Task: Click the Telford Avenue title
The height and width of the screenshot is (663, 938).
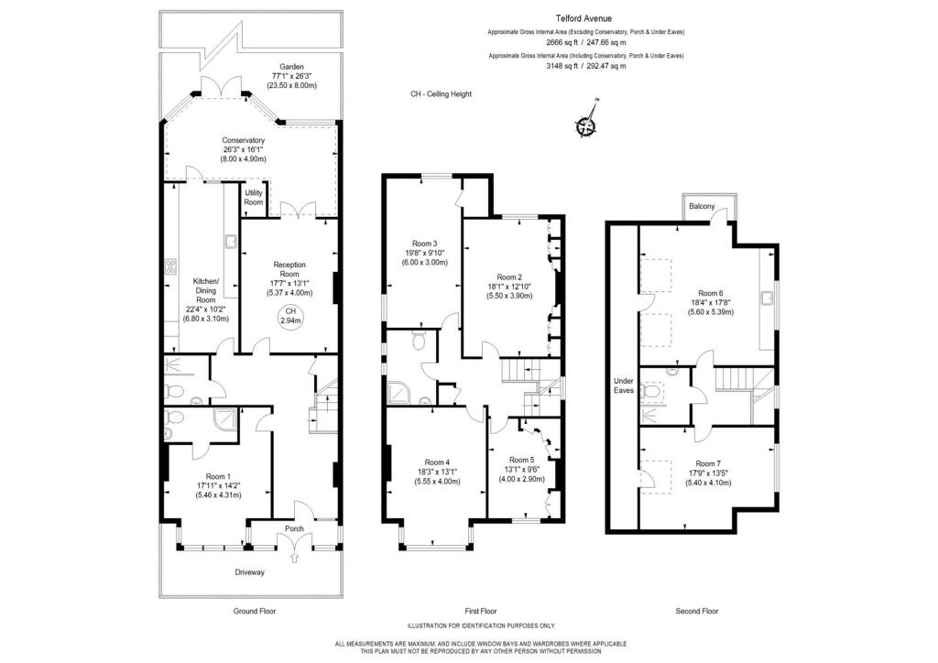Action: click(x=586, y=17)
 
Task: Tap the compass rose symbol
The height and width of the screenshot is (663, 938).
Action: click(x=586, y=127)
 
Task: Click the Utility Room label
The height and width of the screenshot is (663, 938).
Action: click(x=254, y=198)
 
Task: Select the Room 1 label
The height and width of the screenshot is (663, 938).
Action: click(x=217, y=476)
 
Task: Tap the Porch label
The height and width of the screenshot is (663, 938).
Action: click(x=294, y=528)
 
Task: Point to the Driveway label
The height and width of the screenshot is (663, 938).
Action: click(x=247, y=572)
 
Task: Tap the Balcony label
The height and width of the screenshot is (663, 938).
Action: click(x=703, y=206)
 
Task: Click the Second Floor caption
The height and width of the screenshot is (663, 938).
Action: click(x=697, y=611)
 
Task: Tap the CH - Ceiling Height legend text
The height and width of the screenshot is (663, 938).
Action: click(x=441, y=94)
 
